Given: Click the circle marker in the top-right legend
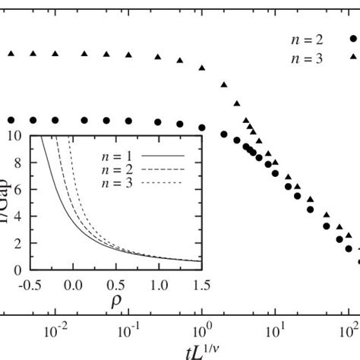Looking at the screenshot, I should click(353, 36).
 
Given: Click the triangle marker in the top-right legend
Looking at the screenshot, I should click(353, 56).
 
